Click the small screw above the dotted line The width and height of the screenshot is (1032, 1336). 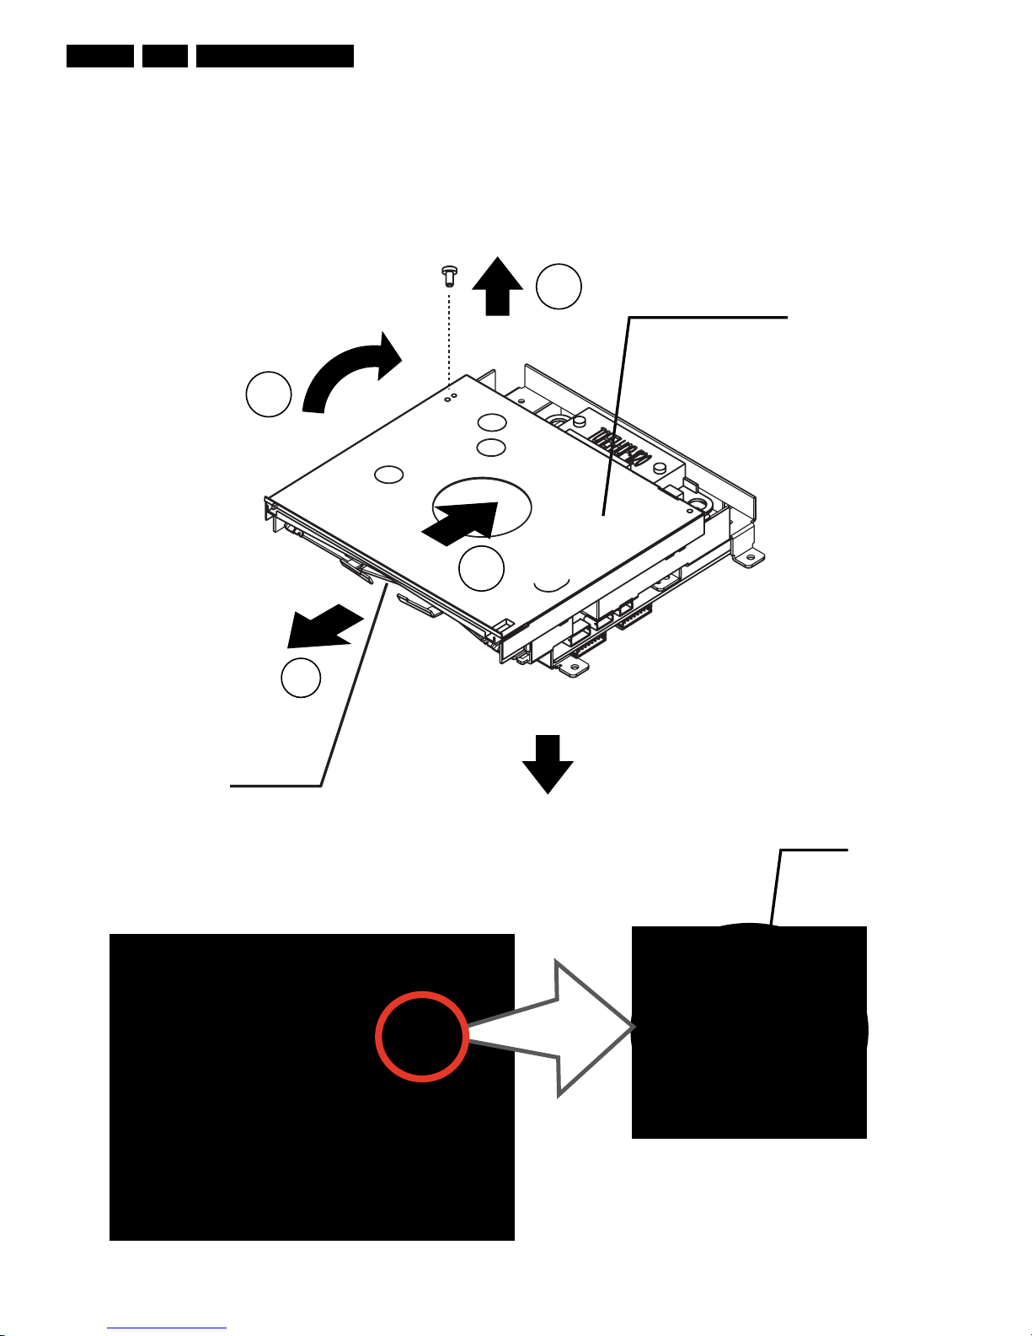[x=449, y=274]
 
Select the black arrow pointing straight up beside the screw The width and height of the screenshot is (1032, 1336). [x=498, y=287]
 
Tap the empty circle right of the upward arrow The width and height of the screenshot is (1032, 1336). [x=559, y=287]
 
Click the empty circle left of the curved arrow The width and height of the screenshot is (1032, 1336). [x=269, y=394]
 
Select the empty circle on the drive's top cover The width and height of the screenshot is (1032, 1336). [x=481, y=568]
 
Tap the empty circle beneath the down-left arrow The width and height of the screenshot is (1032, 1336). [x=301, y=678]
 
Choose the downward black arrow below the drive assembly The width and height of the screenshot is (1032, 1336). [x=548, y=764]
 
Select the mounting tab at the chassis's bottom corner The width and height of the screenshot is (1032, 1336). [x=573, y=668]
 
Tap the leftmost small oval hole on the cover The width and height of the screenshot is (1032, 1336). [x=389, y=475]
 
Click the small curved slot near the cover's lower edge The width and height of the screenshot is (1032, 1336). [x=552, y=583]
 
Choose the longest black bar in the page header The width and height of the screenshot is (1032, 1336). [x=275, y=56]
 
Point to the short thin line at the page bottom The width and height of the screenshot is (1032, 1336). [x=167, y=1328]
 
